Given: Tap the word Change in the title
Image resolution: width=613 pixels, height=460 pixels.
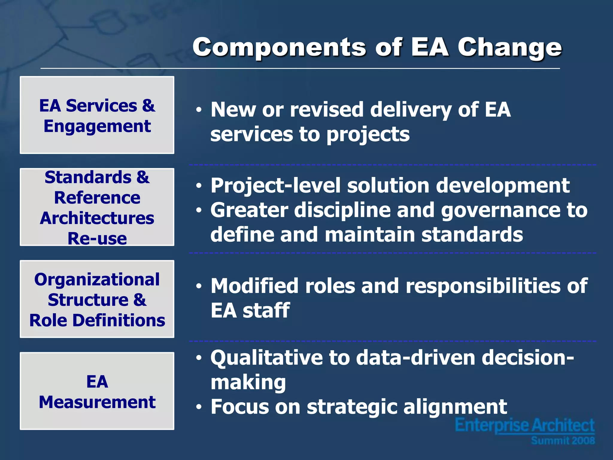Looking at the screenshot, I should (x=509, y=47).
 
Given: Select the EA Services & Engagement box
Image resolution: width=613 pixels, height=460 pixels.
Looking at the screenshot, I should (x=97, y=115).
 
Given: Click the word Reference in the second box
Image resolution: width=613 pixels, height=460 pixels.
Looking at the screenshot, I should (x=97, y=198).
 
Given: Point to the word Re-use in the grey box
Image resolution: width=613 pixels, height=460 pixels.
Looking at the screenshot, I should (x=97, y=238).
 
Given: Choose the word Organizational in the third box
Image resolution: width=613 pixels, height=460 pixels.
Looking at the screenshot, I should (x=97, y=279).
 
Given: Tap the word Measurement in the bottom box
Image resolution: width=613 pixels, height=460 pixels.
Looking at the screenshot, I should (x=97, y=402).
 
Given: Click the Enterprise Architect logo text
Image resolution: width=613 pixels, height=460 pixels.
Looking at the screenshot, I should (x=524, y=425).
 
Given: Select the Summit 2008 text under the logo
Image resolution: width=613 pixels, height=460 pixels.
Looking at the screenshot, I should (x=563, y=441).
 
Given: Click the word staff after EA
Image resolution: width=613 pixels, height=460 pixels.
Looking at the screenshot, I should (x=266, y=310).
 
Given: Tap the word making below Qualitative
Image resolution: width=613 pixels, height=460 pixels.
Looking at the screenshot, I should (x=248, y=383).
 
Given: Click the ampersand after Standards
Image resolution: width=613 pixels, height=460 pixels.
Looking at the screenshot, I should (x=143, y=177).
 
